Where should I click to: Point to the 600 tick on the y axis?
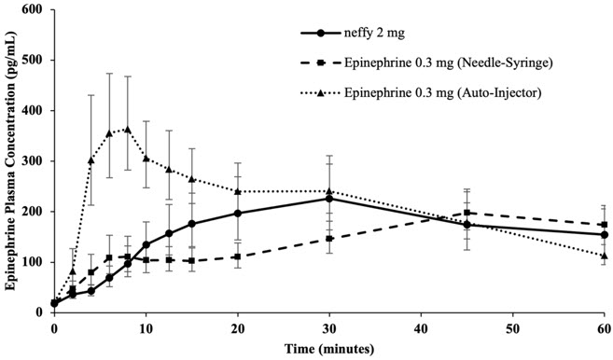tap(35, 10)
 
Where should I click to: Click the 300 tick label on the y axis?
tap(35, 161)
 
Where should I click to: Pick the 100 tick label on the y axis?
tap(35, 262)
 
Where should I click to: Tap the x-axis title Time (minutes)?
tap(329, 349)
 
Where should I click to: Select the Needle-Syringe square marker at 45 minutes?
tap(467, 213)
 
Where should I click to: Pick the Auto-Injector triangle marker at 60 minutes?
tap(604, 256)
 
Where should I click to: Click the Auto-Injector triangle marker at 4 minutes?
tap(91, 160)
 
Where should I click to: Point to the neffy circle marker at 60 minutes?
tap(604, 235)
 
